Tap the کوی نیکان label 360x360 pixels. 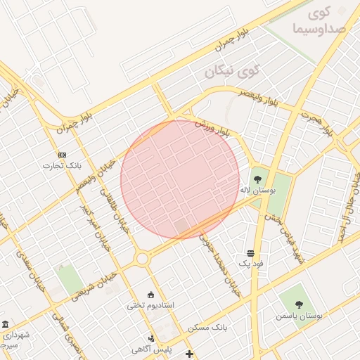coord(232,71)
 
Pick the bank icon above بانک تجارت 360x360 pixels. coord(62,155)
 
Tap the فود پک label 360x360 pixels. coord(250,263)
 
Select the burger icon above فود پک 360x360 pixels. coord(250,252)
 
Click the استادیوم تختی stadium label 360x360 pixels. coord(150,305)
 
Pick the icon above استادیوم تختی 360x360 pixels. coord(150,294)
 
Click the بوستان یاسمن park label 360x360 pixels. coord(300,316)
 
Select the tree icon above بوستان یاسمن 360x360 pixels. coord(299,304)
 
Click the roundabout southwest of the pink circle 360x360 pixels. coord(143,259)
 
